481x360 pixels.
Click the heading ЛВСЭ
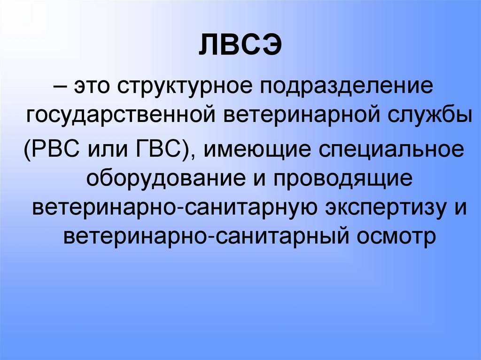240,47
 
